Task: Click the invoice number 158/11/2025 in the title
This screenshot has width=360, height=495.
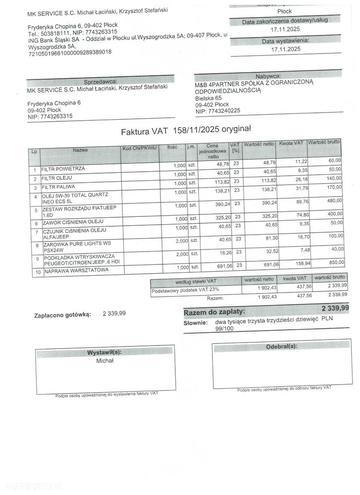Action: pos(195,131)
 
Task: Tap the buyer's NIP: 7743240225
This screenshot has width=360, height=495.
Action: pos(218,111)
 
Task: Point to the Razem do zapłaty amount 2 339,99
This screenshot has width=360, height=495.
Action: pos(335,308)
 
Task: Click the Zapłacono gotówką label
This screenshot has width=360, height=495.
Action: pos(62,314)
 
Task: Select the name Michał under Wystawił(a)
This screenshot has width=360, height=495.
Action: pos(105,361)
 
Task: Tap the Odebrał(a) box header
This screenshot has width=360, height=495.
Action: pos(282,346)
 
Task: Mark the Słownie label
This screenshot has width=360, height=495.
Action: pos(195,323)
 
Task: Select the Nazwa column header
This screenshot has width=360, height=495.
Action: pos(80,149)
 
